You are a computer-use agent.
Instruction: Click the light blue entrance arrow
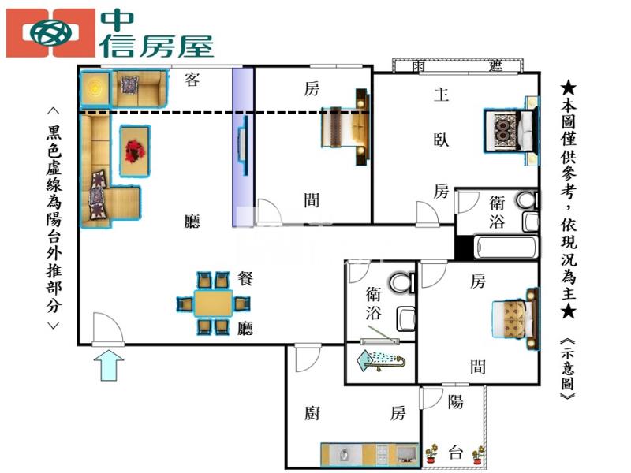tap(109, 365)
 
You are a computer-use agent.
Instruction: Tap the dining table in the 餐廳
tap(213, 303)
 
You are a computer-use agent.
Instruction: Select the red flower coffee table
tap(135, 151)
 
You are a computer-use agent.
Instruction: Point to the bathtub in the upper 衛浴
tap(506, 248)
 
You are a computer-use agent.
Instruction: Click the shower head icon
tap(381, 360)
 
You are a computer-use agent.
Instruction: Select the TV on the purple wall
tap(243, 145)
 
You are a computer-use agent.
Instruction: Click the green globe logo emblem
tap(51, 33)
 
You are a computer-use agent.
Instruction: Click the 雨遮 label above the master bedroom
tap(457, 65)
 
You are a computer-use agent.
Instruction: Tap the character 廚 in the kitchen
tap(312, 413)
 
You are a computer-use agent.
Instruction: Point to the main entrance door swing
tap(108, 328)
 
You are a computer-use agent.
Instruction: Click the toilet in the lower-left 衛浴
tap(401, 282)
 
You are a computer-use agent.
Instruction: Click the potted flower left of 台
tap(431, 453)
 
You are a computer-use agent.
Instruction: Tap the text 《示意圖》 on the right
tap(567, 368)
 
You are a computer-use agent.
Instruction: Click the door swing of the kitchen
tap(308, 358)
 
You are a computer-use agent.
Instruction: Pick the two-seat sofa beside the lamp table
tap(140, 88)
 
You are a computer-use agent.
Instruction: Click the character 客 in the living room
tap(192, 80)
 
